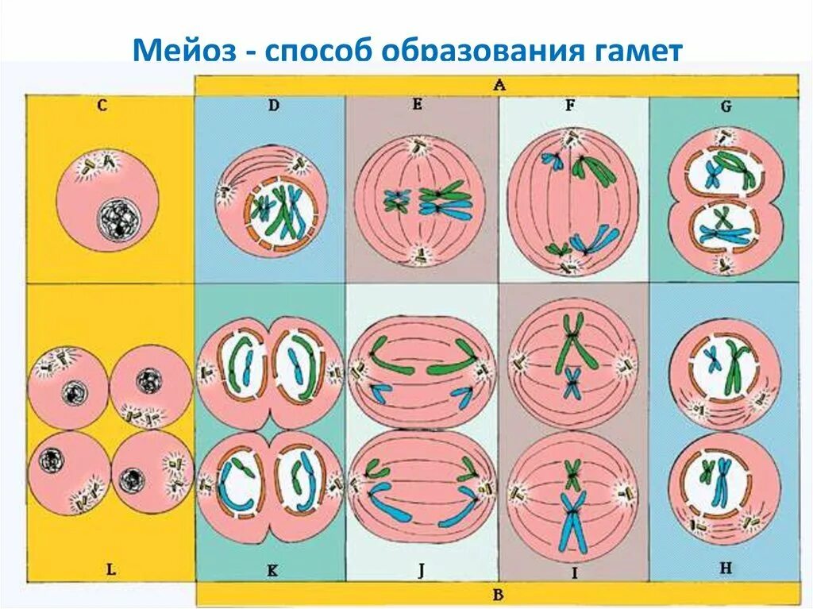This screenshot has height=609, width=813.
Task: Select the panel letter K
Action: [272, 569]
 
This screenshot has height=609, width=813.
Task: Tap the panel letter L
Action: [110, 569]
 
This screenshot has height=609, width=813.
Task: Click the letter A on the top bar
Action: [499, 85]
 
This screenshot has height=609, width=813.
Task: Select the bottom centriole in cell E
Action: [417, 253]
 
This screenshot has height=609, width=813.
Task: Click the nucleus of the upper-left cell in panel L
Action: [74, 391]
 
